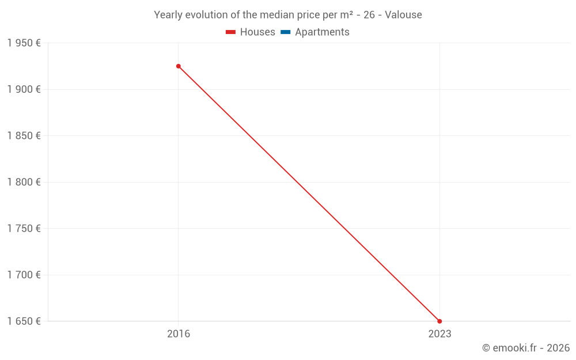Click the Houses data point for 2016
[x=179, y=66]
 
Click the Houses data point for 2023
[x=439, y=321]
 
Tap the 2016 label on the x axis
[x=179, y=334]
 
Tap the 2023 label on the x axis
[x=439, y=334]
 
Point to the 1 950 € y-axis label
[x=24, y=43]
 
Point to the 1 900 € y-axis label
[x=24, y=89]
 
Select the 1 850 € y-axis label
[x=24, y=136]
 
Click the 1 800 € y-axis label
[x=24, y=182]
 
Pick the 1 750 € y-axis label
[x=24, y=229]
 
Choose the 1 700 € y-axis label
[x=24, y=275]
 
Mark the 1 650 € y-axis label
[x=24, y=321]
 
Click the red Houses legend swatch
[x=231, y=32]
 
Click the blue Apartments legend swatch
[x=286, y=32]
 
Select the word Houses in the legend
[x=257, y=32]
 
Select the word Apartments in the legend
[x=322, y=32]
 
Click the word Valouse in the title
[x=403, y=15]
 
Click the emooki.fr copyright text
[x=526, y=348]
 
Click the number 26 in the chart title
[x=369, y=15]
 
